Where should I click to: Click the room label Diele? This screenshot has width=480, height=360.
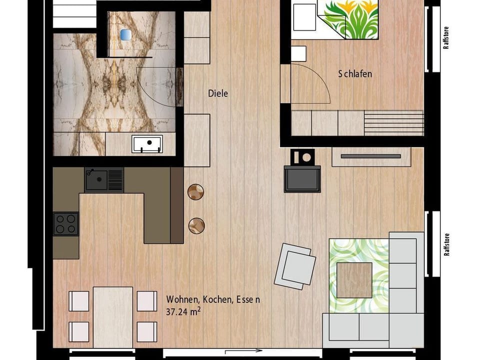click(x=218, y=93)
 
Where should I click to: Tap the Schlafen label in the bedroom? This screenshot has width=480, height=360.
click(x=355, y=74)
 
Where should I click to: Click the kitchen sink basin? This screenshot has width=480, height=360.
click(x=97, y=180)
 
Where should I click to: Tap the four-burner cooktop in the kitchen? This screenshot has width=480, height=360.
click(x=66, y=223)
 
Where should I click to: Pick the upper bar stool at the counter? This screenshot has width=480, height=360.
click(x=196, y=191)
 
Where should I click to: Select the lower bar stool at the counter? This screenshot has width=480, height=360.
click(x=196, y=225)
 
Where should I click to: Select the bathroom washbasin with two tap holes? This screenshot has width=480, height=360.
click(x=147, y=144)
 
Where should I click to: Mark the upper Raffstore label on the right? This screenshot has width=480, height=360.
click(x=446, y=37)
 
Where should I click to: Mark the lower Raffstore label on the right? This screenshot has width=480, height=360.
click(x=446, y=244)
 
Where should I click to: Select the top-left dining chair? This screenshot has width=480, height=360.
click(x=79, y=301)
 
